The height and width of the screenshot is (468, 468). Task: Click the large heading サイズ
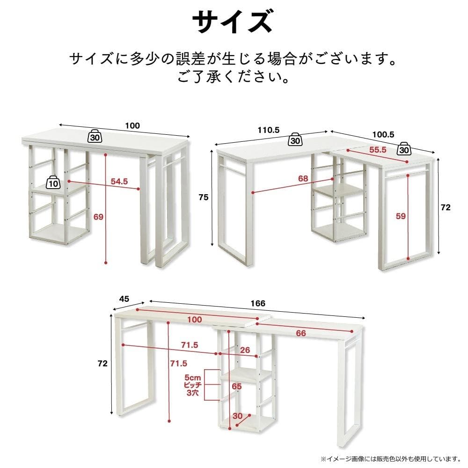[233, 22]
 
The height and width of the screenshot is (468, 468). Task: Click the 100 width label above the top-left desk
[132, 125]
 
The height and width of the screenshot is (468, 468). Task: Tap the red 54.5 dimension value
[119, 181]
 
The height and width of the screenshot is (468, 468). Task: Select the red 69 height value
[98, 216]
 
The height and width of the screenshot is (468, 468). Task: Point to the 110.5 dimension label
[269, 131]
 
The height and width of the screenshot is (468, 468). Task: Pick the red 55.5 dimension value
[378, 150]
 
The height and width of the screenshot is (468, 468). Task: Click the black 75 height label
[203, 197]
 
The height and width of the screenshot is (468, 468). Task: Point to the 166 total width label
[258, 303]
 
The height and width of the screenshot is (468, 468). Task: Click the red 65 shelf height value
[237, 386]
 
